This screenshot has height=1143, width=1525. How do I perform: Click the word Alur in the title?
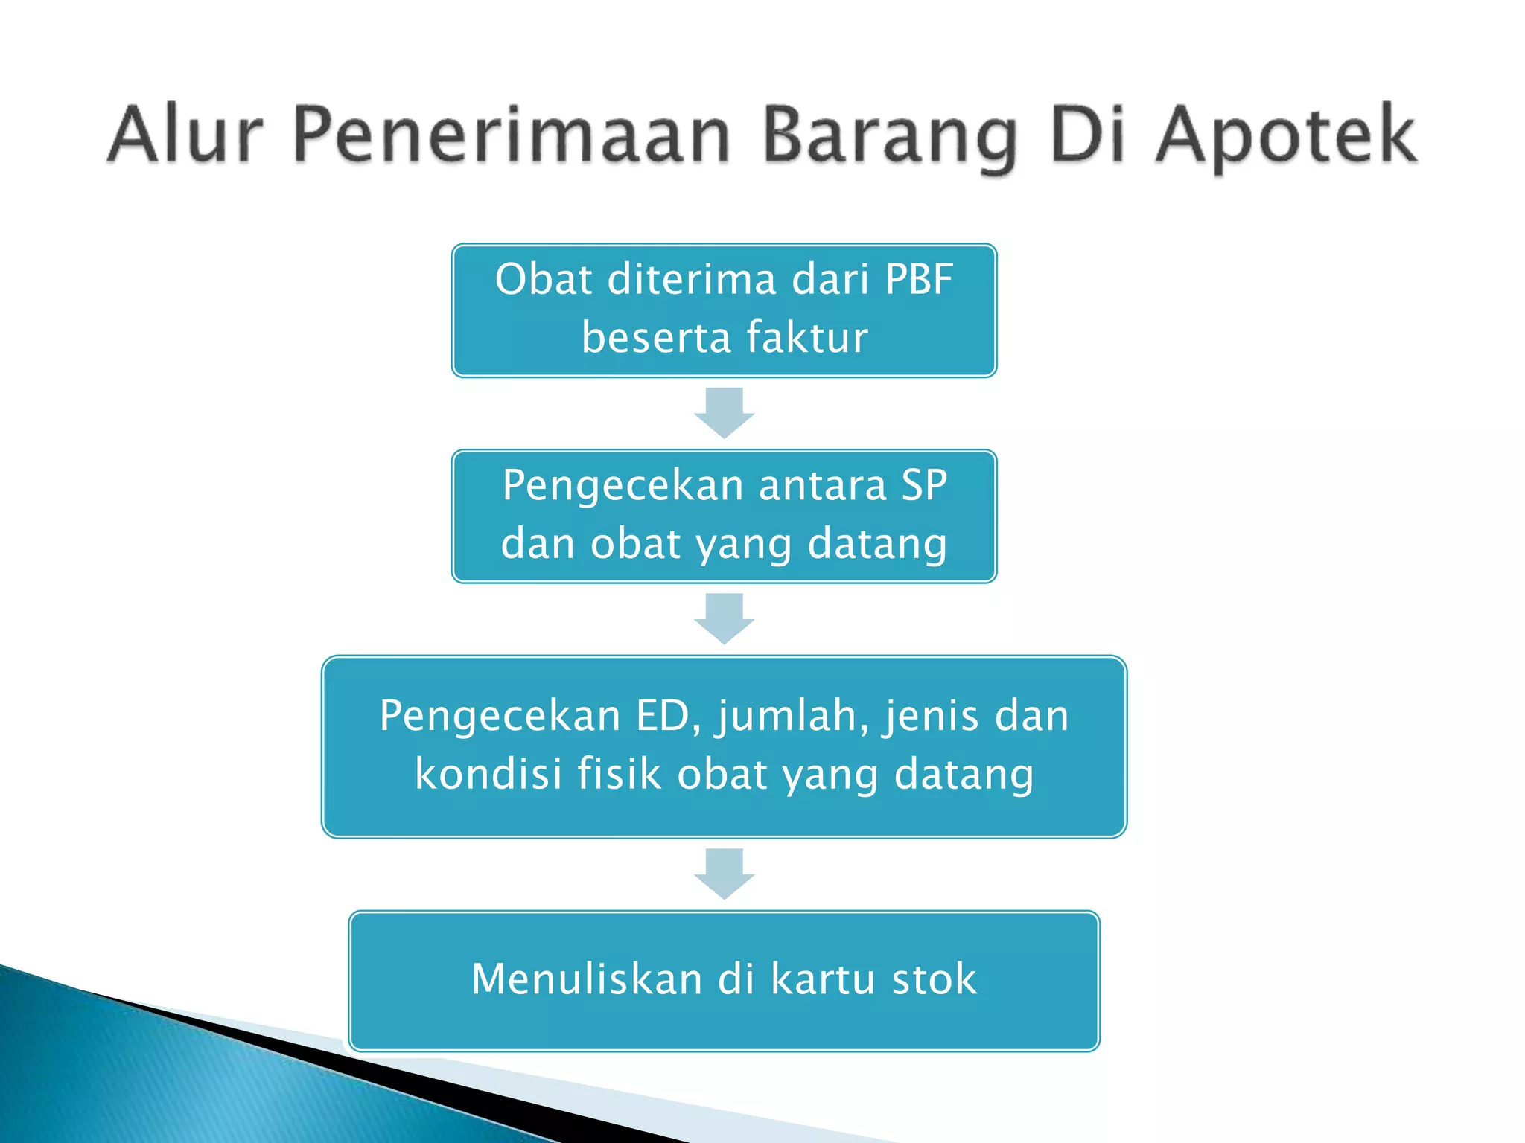coord(185,135)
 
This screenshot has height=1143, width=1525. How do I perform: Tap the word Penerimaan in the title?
coord(512,135)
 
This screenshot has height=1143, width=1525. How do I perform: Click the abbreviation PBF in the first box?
coord(919,280)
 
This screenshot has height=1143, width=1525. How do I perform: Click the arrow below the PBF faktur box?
coord(724,412)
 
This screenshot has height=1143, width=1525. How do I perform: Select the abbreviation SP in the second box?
coord(924,485)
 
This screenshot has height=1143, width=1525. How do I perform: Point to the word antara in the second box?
coord(822,485)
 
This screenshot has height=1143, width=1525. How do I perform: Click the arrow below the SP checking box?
coord(724,618)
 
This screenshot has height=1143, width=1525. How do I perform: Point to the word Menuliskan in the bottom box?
coord(587,979)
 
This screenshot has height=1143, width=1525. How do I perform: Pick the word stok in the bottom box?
coord(934,979)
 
